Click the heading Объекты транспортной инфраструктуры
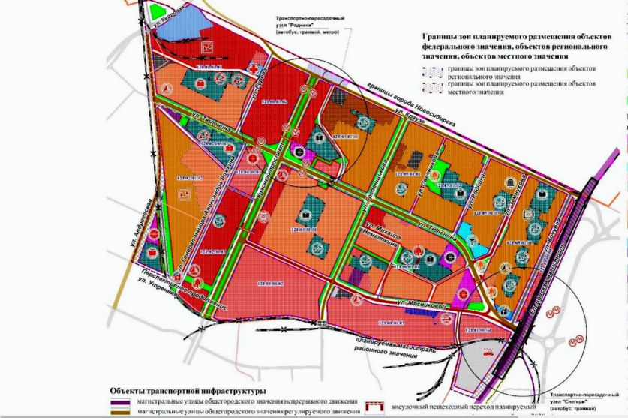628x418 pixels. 188,392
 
